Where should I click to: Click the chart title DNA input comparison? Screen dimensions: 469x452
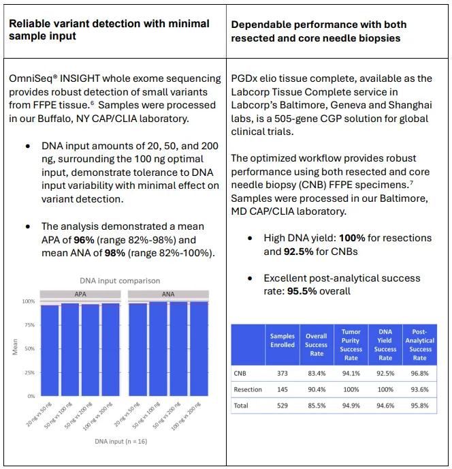[120, 280]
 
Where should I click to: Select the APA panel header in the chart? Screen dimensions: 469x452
[80, 294]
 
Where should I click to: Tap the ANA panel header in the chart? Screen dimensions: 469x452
[168, 294]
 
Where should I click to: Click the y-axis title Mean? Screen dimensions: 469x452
[16, 348]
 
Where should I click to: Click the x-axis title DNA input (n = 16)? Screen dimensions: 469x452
[121, 441]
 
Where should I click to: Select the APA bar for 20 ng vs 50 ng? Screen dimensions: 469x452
[50, 350]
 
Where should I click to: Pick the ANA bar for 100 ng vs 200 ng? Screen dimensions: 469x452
[199, 348]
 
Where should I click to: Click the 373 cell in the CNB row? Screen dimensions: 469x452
[282, 373]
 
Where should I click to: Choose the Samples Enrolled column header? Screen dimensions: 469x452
[282, 340]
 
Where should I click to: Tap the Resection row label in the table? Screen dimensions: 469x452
[248, 389]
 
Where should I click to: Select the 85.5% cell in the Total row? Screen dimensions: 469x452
[316, 406]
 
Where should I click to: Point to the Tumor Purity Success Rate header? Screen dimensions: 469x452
[351, 344]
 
